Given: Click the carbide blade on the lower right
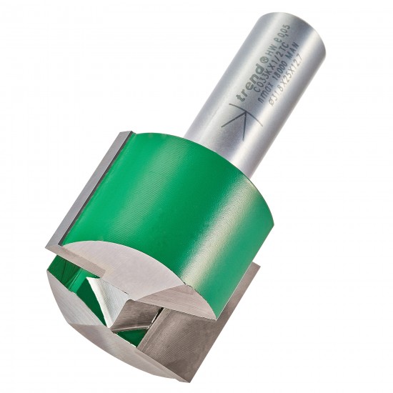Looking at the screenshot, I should pos(186,329).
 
